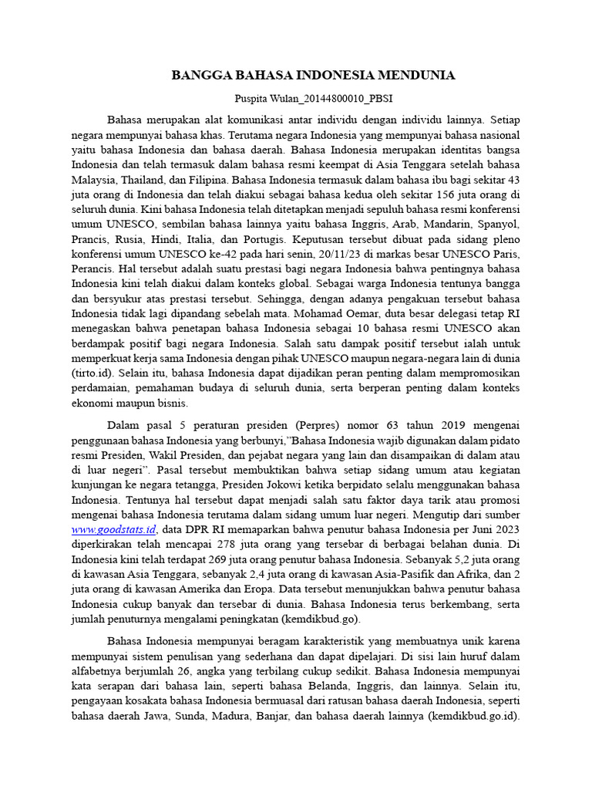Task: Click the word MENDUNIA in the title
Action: pos(417,76)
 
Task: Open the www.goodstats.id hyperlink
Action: pos(114,529)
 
